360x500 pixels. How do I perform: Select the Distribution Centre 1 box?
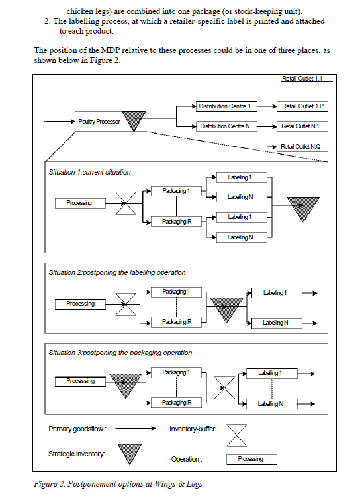point(225,106)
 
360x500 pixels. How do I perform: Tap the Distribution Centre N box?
point(225,126)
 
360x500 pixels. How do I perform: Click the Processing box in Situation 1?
point(79,203)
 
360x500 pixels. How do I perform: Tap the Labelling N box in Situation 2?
point(275,323)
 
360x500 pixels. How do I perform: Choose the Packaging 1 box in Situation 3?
point(177,372)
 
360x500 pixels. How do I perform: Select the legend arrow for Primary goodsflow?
point(138,429)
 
